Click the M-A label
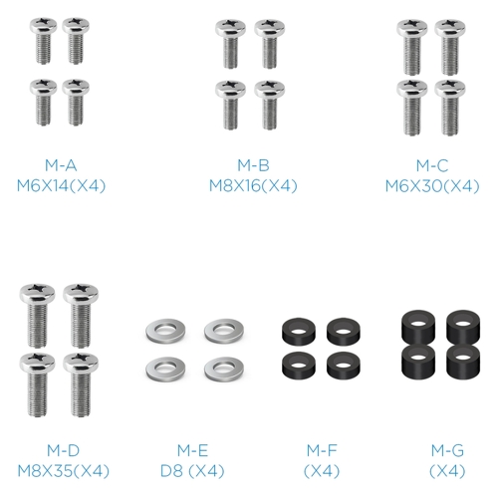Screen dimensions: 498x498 pos(61,165)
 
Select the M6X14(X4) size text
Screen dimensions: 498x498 pos(61,185)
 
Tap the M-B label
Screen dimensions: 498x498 pos(253,165)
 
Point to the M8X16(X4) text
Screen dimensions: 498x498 pos(253,185)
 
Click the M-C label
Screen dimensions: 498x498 pos(432,165)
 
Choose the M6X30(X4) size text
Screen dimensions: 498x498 pos(432,185)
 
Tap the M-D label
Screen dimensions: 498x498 pos(63,450)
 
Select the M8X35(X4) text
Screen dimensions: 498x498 pos(63,471)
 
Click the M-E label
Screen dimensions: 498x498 pos(192,450)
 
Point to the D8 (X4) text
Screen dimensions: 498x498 pos(192,471)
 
